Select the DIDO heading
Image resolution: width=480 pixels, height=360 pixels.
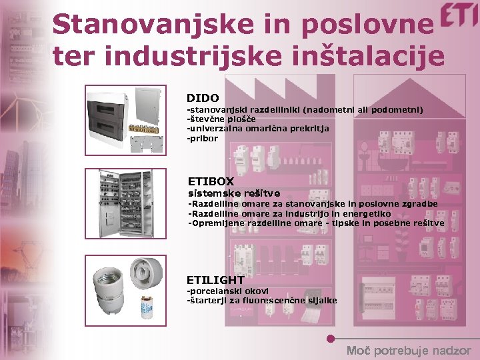203,98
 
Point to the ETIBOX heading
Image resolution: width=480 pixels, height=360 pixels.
211,181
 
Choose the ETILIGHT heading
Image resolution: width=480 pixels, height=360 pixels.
215,280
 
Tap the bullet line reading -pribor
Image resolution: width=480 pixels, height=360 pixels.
203,138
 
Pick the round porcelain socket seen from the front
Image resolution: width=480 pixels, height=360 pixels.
147,273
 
